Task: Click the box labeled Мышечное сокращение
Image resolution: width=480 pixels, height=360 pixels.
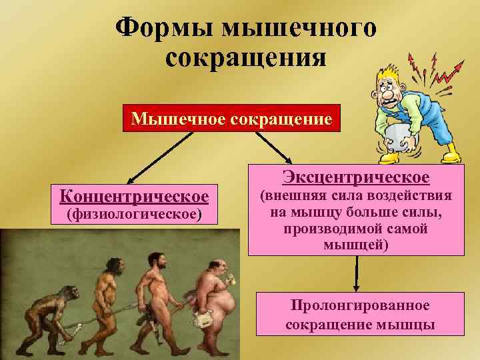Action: point(231,119)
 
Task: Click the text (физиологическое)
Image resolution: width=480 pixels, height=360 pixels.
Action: point(134,215)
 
